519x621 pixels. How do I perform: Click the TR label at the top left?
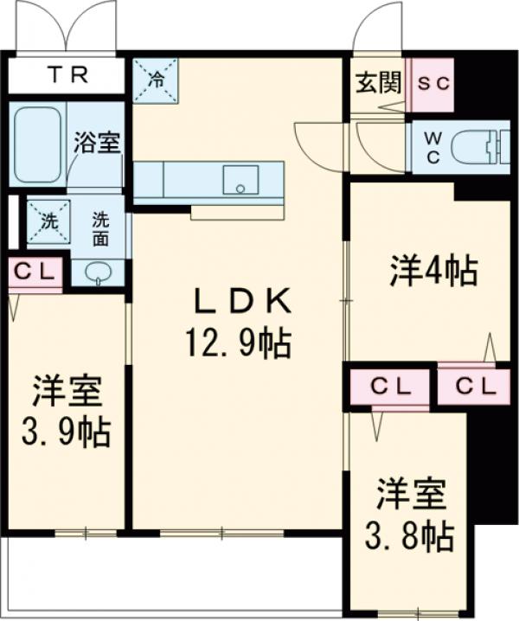click(x=67, y=75)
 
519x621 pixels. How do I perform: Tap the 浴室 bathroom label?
click(x=96, y=144)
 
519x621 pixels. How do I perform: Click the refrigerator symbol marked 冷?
click(x=156, y=80)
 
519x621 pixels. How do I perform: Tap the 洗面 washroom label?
click(x=103, y=228)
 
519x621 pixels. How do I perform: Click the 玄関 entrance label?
click(x=378, y=83)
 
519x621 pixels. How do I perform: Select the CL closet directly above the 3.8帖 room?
click(x=389, y=387)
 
